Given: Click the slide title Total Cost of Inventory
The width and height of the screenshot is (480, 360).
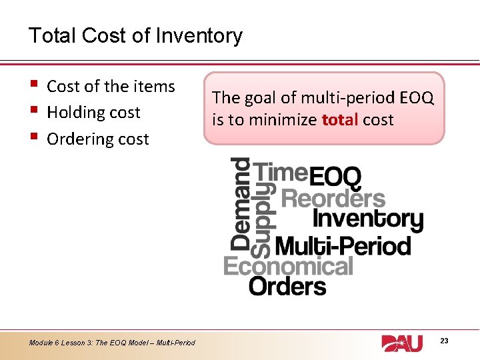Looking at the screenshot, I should (x=135, y=35).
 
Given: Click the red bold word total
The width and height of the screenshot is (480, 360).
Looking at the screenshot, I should (x=340, y=120).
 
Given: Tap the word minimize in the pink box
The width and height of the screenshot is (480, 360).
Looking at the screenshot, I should (x=283, y=120).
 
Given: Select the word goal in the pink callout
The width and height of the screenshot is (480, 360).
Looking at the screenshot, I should (x=257, y=98).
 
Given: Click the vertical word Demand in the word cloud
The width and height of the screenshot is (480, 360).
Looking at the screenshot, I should (x=240, y=203).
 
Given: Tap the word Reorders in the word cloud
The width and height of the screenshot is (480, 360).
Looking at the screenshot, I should (x=333, y=198).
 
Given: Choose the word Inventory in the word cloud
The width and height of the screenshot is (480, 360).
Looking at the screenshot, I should (x=367, y=219).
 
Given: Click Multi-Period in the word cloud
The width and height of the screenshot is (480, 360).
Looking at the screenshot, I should (x=343, y=246).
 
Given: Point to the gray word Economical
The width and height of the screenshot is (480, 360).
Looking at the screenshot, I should (x=288, y=267).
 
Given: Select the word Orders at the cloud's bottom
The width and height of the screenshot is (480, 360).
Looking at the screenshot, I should (x=287, y=287).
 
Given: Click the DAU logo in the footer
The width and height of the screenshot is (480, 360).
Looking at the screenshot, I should (x=402, y=343).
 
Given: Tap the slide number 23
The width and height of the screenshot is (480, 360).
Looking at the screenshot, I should (x=444, y=341).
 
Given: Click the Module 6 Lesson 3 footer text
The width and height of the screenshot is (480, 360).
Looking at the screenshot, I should (x=112, y=343).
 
